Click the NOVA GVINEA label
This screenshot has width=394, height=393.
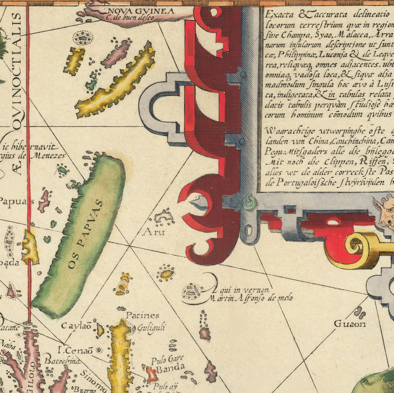pyautogui.click(x=134, y=11)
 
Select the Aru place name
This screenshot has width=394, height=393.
pyautogui.click(x=153, y=232)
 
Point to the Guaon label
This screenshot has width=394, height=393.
pyautogui.click(x=350, y=324)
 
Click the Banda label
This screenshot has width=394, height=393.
pyautogui.click(x=171, y=368)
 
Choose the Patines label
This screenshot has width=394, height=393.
pyautogui.click(x=143, y=315)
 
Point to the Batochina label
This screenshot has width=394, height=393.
pyautogui.click(x=63, y=361)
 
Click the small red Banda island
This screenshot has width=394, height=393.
pyautogui.click(x=152, y=374)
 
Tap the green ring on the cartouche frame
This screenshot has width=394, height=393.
pyautogui.click(x=250, y=202)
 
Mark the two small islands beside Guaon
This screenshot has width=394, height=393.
pyautogui.click(x=360, y=312)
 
